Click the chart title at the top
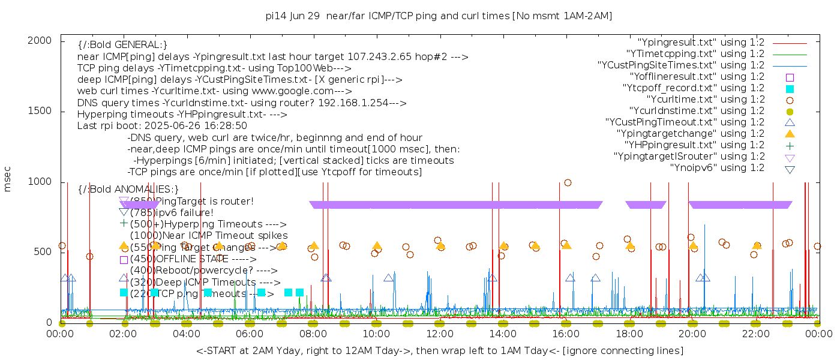tap(439, 16)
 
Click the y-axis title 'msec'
tap(8, 179)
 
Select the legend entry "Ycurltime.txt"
tap(705, 100)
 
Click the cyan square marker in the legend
tap(790, 88)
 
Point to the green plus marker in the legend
tap(790, 145)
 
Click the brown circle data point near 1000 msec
tap(568, 182)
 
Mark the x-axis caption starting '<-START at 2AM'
tap(439, 350)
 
